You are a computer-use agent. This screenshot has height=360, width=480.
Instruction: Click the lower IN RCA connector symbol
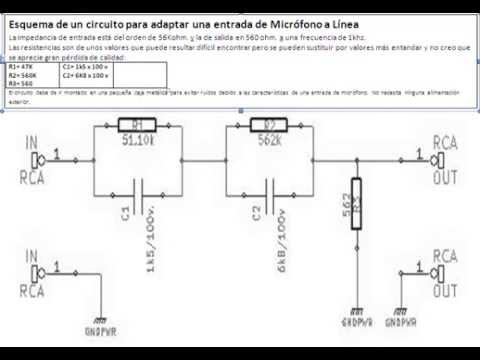(40, 269)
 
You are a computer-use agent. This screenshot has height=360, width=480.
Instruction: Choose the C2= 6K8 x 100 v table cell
(86, 74)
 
